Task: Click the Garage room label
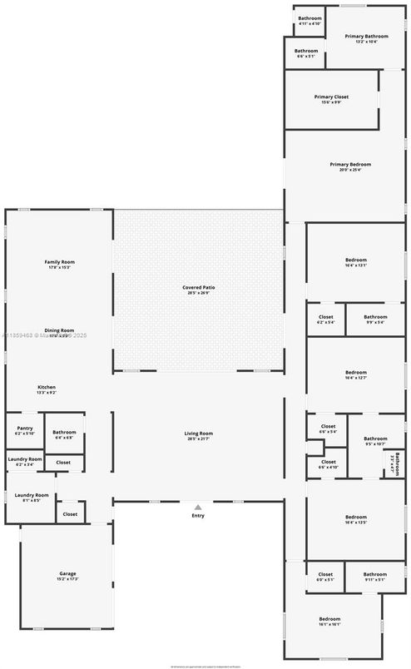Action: click(68, 574)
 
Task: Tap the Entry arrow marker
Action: click(198, 506)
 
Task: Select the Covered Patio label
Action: click(200, 287)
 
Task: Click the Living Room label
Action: click(200, 433)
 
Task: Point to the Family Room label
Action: click(58, 262)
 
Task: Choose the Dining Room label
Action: click(60, 330)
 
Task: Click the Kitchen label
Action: click(47, 388)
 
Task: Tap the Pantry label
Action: click(25, 428)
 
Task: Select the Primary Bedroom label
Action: click(349, 165)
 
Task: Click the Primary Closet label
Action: click(331, 97)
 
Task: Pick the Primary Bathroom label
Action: click(367, 36)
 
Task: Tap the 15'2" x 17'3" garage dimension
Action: click(68, 579)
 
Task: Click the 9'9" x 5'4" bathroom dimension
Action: click(375, 322)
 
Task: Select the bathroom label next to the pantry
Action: click(64, 432)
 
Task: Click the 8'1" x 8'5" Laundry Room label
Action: click(32, 495)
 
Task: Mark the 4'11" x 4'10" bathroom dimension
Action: click(309, 23)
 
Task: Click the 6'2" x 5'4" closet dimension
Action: click(325, 322)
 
